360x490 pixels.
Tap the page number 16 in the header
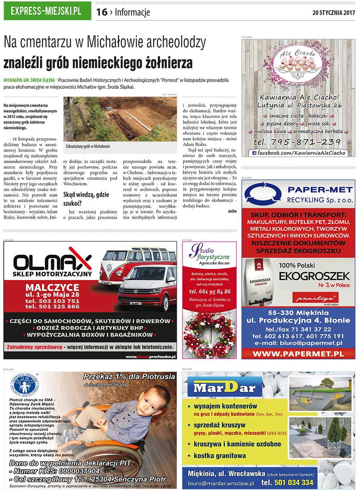coord(102,12)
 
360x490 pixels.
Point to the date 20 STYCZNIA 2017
coord(334,12)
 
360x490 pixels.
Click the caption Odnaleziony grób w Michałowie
coord(88,147)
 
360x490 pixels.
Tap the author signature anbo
coord(232,211)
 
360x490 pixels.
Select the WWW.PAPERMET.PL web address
coord(298,354)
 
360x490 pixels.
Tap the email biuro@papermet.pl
coord(298,343)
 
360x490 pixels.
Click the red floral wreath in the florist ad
coord(209,335)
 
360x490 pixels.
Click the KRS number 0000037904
coord(76,471)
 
